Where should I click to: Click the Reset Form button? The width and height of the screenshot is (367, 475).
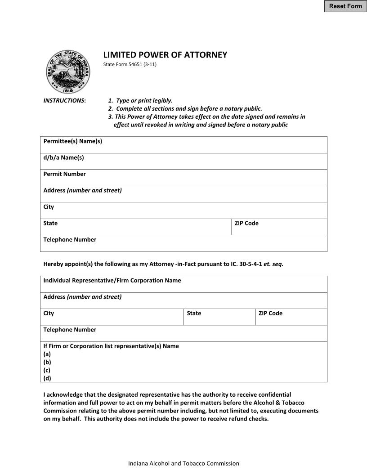345,6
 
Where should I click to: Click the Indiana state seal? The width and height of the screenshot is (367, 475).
68,72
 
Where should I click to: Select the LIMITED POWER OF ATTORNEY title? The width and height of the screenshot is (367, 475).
165,55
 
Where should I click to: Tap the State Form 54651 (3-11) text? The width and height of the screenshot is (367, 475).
130,64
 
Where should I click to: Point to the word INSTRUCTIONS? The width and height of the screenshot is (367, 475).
64,101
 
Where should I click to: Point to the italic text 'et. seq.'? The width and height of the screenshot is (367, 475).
273,264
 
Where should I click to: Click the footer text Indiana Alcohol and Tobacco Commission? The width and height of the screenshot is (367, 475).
183,463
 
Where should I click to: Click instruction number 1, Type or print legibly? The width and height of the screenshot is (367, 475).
140,101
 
